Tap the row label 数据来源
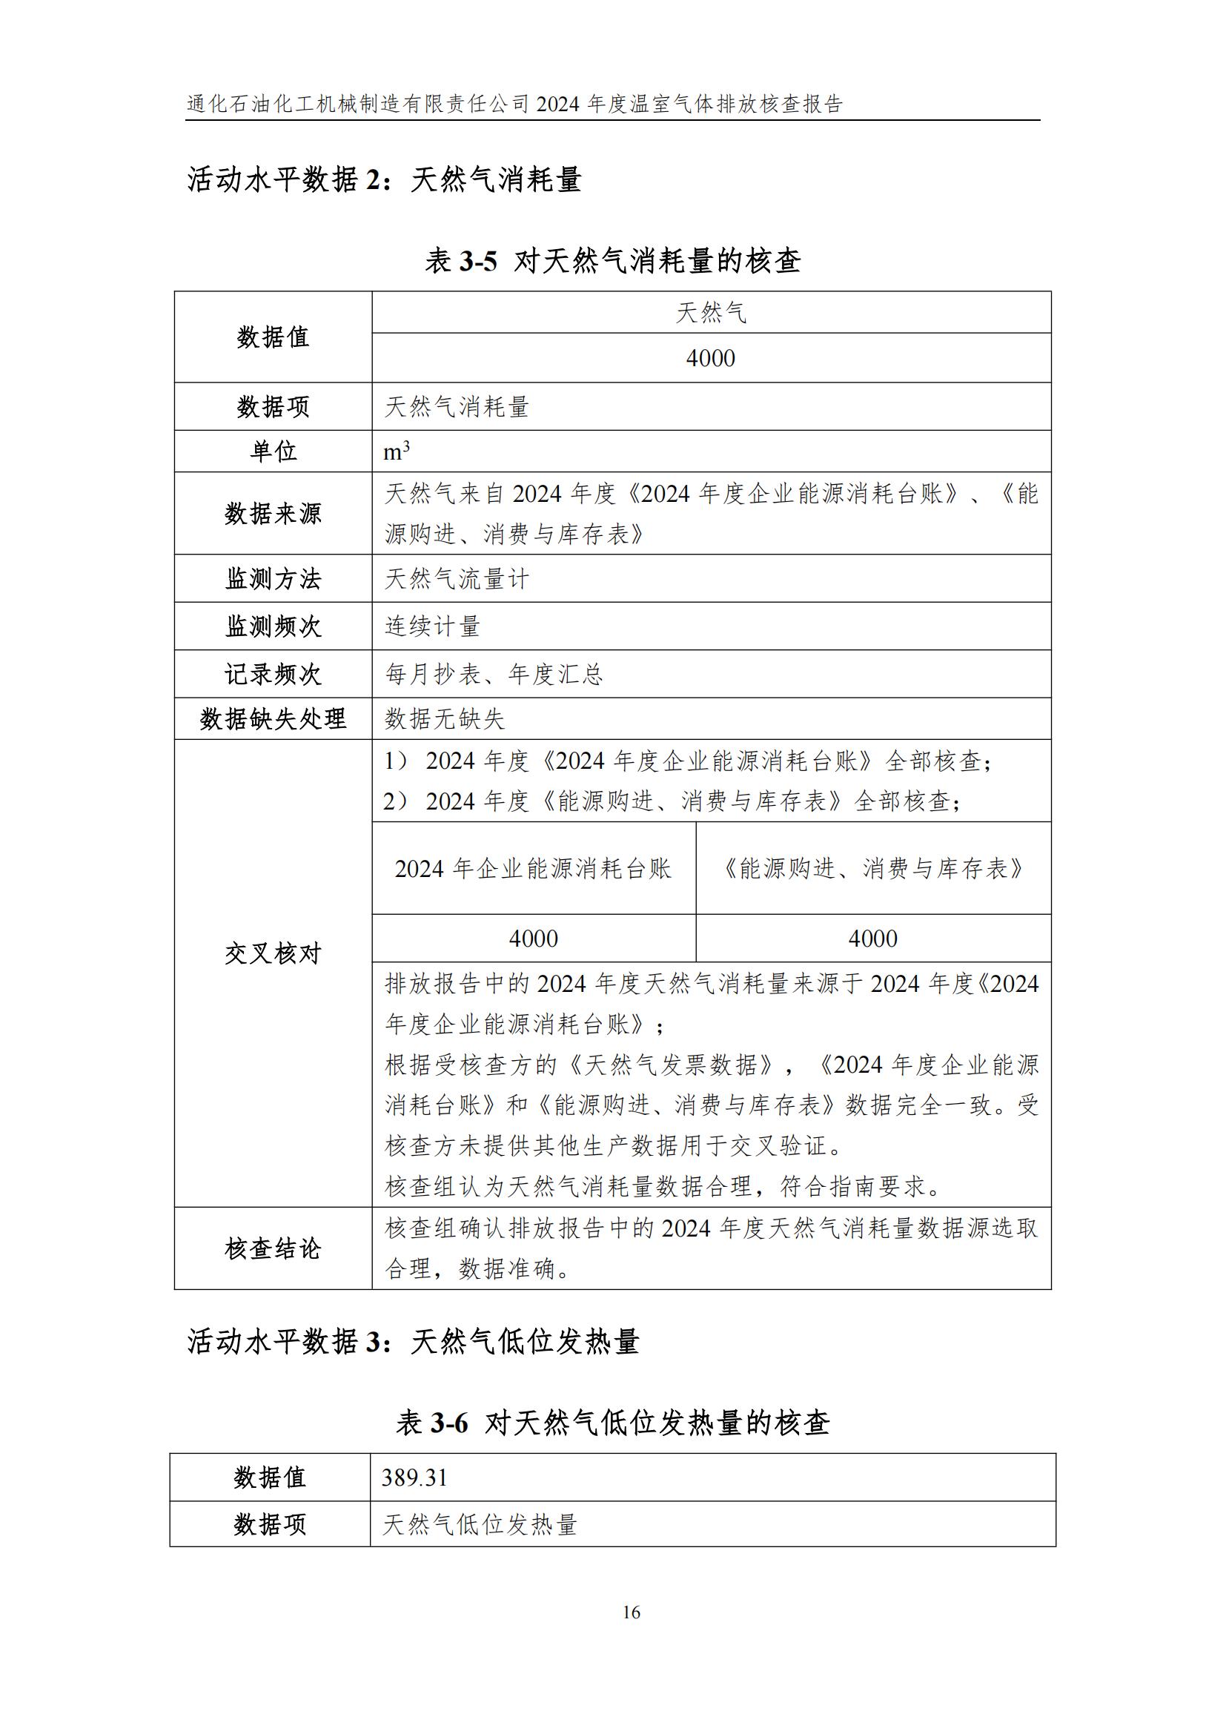point(273,514)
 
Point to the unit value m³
point(397,451)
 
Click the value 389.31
point(414,1477)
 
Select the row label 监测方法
point(273,579)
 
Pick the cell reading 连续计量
point(433,626)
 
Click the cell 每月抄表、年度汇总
point(494,674)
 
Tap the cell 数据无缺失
point(445,718)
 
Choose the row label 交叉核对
point(273,954)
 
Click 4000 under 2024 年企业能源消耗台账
point(533,939)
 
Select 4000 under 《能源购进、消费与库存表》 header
point(872,939)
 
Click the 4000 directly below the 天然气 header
point(710,358)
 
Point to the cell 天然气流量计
point(457,579)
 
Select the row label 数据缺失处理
point(273,718)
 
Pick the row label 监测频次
point(273,626)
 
